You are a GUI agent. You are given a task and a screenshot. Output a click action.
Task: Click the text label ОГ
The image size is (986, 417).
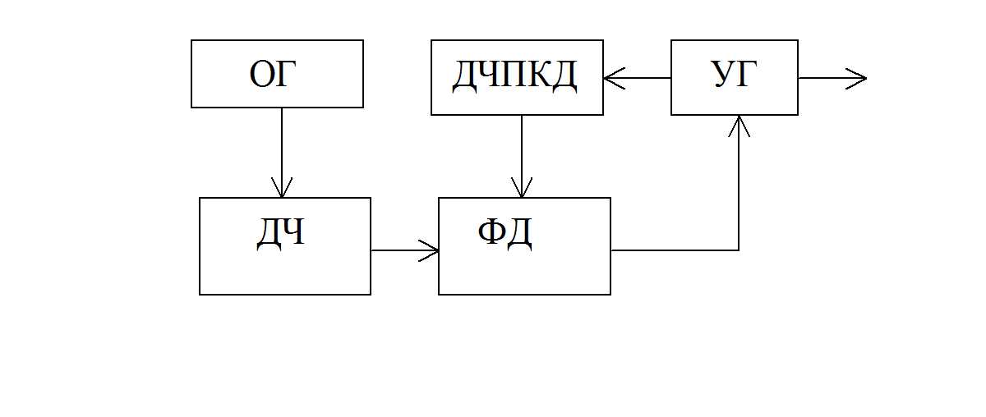click(x=273, y=74)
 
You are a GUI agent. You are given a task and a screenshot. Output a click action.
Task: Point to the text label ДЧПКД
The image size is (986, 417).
click(x=515, y=76)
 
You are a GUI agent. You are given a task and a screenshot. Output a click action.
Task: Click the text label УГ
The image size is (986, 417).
click(x=734, y=74)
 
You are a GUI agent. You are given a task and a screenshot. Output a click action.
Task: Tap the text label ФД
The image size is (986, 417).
click(x=505, y=234)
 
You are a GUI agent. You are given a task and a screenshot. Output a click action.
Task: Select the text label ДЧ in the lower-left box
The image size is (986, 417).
click(x=280, y=234)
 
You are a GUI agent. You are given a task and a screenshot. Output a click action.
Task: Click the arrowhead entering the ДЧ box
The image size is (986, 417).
click(x=282, y=188)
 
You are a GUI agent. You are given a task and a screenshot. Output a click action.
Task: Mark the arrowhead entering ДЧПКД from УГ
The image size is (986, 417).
click(x=615, y=78)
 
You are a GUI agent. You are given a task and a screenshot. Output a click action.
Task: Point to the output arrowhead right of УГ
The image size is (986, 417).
click(x=856, y=79)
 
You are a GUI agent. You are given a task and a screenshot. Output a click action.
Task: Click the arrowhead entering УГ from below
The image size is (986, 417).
click(x=739, y=126)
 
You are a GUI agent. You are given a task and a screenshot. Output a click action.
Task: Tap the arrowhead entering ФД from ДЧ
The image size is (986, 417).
click(x=428, y=250)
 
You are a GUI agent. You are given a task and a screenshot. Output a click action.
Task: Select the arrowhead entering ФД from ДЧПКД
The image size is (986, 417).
click(x=522, y=188)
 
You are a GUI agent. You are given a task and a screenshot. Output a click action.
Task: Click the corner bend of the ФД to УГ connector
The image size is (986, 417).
click(x=739, y=250)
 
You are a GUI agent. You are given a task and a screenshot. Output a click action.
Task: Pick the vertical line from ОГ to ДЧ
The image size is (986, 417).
click(x=282, y=153)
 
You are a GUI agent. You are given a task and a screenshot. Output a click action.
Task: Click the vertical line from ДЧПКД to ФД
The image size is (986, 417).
click(x=522, y=156)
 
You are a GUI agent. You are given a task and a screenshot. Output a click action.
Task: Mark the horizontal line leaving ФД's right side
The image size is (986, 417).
click(x=675, y=250)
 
